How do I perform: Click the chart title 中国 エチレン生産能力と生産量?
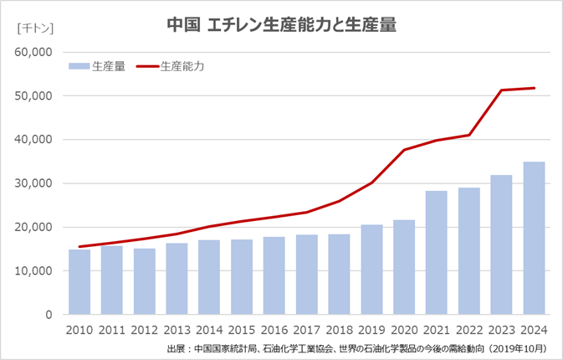pos(281,25)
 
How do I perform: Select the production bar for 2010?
pos(79,281)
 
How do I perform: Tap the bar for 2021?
pos(436,253)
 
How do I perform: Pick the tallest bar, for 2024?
pos(534,238)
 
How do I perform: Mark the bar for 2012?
pos(145,281)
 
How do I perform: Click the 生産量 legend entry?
pos(98,66)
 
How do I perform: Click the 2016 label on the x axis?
pos(274,330)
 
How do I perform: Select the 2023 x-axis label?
pos(501,330)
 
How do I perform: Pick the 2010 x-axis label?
pos(79,330)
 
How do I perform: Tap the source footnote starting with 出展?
pos(357,348)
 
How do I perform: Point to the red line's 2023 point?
pos(501,90)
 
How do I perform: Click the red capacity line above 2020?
pos(404,150)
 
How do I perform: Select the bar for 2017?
pos(307,275)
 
